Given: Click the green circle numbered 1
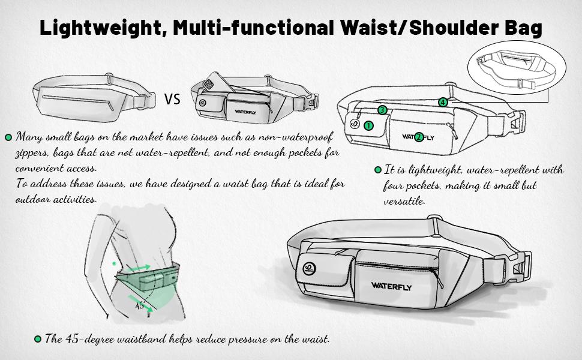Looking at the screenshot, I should [x=368, y=125].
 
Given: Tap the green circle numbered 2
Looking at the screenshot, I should [x=419, y=137].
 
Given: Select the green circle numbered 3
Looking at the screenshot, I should [x=382, y=110].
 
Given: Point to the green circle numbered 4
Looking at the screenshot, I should [x=443, y=103].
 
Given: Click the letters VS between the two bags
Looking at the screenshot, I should [x=172, y=99].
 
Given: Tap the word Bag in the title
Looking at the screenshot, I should [x=522, y=28].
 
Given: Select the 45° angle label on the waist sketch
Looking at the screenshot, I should [x=140, y=305].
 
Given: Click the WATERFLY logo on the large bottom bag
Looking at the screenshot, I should [x=391, y=285].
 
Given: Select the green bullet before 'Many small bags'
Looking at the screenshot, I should [x=8, y=137].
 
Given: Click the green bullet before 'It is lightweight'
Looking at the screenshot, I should [x=378, y=170].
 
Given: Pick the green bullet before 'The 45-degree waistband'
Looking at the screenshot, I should [x=38, y=339].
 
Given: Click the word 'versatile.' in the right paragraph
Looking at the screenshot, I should [x=404, y=202].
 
